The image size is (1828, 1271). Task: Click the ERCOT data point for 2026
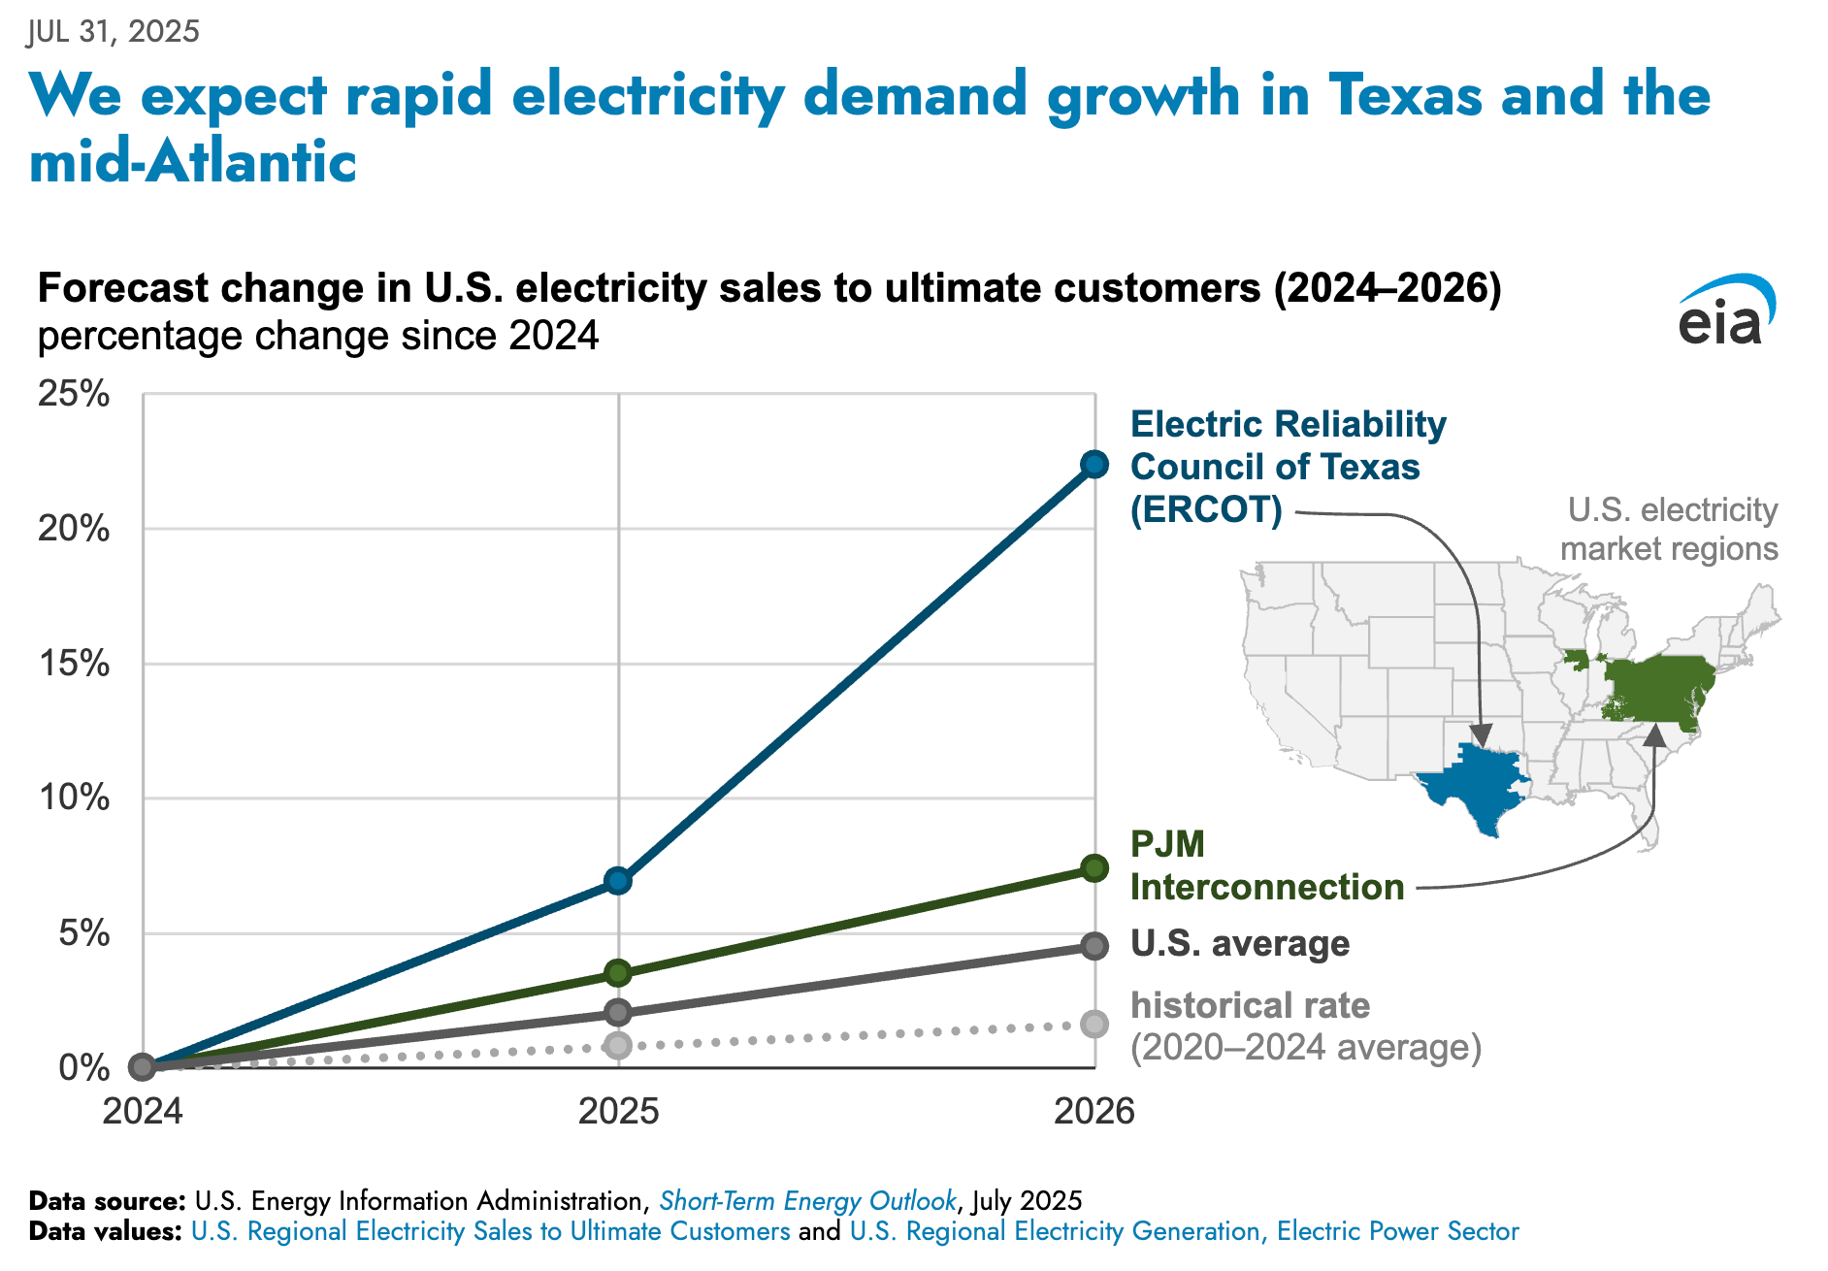1094,465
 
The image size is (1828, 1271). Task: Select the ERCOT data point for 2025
618,881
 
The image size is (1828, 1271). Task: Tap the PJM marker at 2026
1094,868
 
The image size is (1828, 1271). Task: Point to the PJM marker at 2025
618,972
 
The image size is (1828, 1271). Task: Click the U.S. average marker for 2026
1094,946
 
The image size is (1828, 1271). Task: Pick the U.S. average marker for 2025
618,1013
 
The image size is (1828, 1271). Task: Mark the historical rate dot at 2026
1094,1024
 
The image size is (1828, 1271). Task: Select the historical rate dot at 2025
618,1045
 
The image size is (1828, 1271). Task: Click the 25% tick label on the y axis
74,394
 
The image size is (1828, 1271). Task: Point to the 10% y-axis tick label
74,798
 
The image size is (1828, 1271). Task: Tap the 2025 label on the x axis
618,1111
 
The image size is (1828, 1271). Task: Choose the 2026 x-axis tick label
1094,1111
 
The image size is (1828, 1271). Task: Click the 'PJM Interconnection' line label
1266,865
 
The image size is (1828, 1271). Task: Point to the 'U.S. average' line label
1240,943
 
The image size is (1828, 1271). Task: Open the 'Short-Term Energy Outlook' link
807,1201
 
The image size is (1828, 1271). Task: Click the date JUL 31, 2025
114,32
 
